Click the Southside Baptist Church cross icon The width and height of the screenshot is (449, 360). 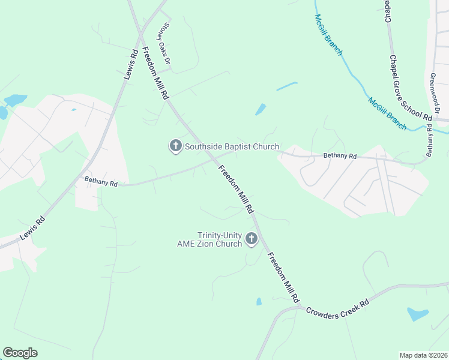pos(175,146)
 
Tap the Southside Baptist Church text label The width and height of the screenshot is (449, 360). pos(232,146)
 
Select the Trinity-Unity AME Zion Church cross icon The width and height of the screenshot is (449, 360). pos(252,239)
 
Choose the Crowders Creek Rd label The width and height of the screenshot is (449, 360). pos(337,306)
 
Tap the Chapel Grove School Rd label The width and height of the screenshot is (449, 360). pos(411,88)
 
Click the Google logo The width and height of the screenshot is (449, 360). pos(20,353)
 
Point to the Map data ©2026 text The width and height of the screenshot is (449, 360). pos(423,355)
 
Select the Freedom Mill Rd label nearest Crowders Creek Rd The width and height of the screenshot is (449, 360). pos(283,277)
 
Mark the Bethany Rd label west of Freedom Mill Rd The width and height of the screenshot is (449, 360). pos(101,181)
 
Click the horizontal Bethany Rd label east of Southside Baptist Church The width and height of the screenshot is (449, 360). pos(340,156)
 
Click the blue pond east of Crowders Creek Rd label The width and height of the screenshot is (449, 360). pos(418,314)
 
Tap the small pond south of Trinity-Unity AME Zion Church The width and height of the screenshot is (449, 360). pos(259,301)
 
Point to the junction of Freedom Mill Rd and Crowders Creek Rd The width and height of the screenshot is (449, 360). pos(301,307)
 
